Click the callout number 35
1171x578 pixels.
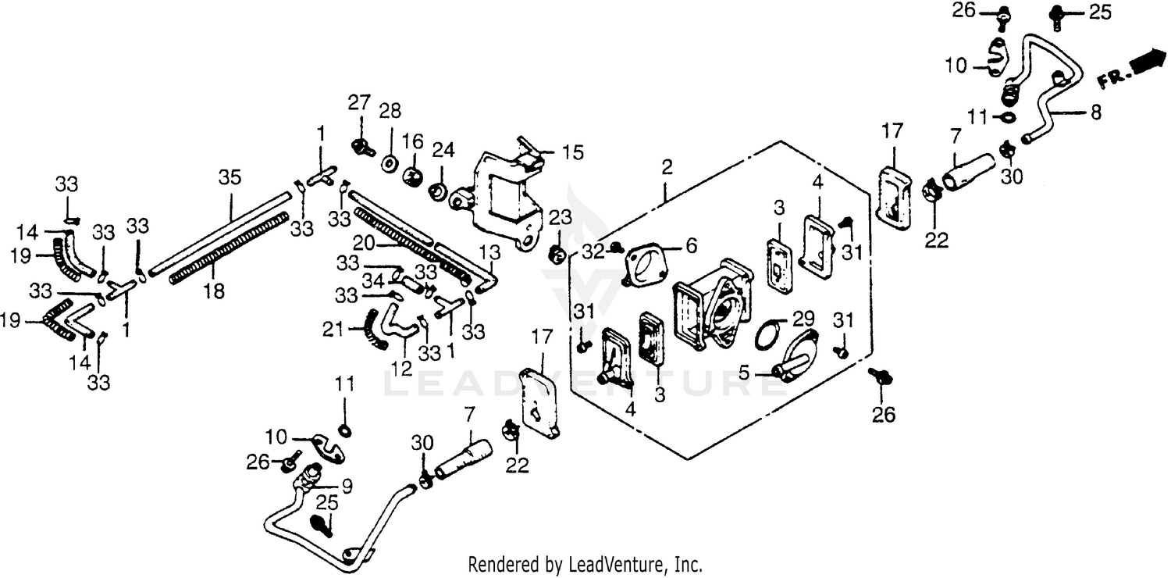(x=230, y=178)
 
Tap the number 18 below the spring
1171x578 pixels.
(x=213, y=291)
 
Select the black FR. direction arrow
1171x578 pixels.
(x=1146, y=61)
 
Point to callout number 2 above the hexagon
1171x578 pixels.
(x=667, y=166)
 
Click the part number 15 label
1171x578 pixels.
(x=574, y=152)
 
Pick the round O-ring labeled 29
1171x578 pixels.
(x=768, y=336)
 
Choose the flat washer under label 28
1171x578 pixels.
(x=388, y=165)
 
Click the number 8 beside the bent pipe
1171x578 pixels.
(x=1095, y=112)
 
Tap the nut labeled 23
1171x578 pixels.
(x=557, y=252)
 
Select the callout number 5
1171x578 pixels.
(x=745, y=373)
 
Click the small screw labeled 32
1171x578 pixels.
(x=615, y=248)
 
